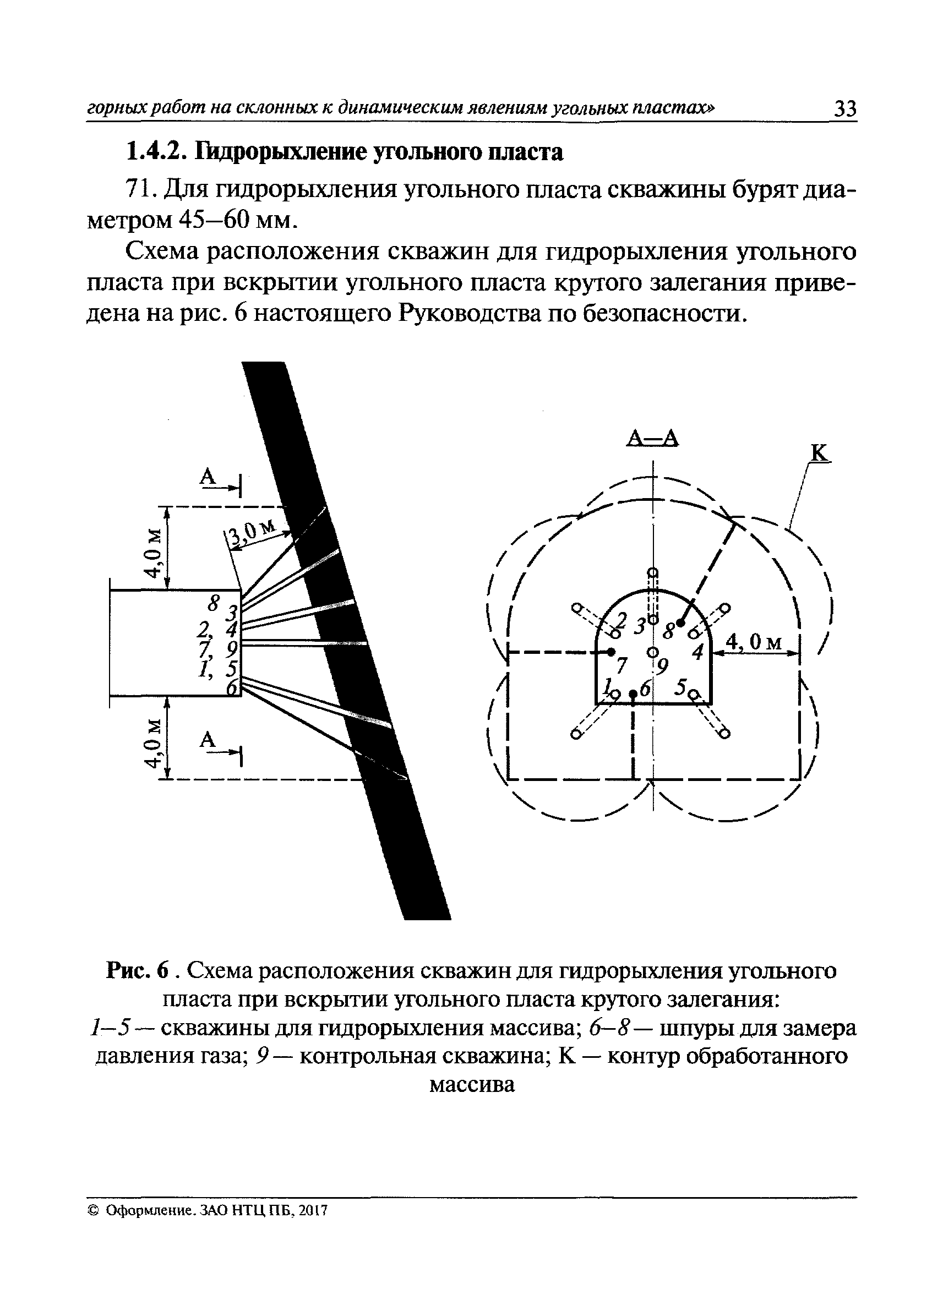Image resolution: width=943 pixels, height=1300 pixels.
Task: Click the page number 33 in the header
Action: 845,108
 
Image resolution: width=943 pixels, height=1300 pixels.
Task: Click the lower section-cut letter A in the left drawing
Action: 208,741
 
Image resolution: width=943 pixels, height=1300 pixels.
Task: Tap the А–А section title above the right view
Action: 653,439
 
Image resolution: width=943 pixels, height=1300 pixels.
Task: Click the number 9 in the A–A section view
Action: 663,666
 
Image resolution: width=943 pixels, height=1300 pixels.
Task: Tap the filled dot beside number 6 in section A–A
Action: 633,694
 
